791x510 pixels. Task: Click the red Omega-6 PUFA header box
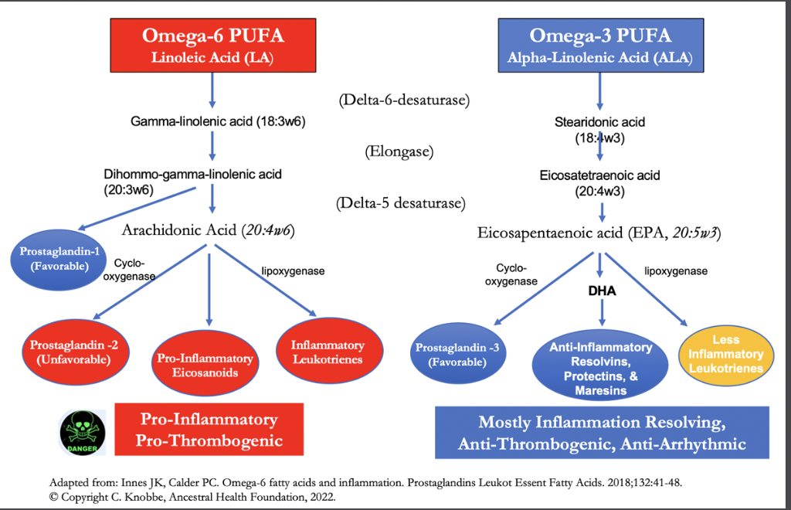[213, 46]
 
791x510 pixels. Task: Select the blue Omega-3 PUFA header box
[601, 46]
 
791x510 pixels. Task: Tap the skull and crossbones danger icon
[82, 433]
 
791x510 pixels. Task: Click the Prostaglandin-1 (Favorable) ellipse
[59, 260]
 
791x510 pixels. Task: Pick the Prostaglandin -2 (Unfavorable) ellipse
[75, 352]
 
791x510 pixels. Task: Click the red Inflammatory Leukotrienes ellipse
[329, 351]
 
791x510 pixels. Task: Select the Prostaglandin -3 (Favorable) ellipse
[457, 354]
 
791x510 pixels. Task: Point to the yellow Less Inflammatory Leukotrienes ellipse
[726, 354]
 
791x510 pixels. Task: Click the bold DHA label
[602, 291]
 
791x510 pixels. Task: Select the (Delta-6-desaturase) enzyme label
[404, 100]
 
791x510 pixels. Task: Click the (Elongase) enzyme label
[399, 151]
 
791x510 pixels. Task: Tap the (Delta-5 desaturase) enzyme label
[401, 203]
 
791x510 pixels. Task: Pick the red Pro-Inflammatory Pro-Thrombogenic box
[209, 430]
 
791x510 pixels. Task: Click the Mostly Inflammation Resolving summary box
[602, 432]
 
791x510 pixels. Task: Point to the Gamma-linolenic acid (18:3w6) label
[218, 121]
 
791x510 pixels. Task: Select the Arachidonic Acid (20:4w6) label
[209, 230]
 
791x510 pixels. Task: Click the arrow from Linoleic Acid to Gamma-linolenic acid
[212, 90]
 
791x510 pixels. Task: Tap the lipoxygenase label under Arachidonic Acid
[293, 271]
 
